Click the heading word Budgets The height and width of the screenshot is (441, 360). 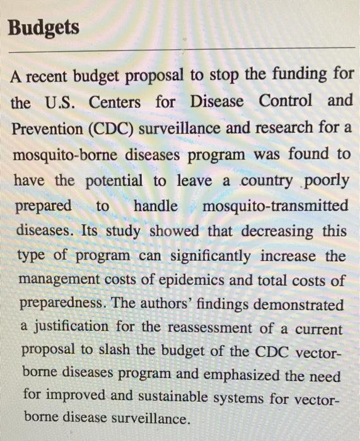pyautogui.click(x=44, y=28)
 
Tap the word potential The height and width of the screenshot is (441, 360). pyautogui.click(x=115, y=181)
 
